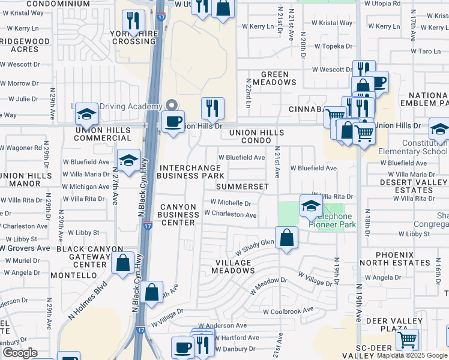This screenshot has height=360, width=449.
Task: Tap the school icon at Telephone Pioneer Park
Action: pos(310,206)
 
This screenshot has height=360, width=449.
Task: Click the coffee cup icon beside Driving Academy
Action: pos(174,121)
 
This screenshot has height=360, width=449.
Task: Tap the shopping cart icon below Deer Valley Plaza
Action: pos(408,340)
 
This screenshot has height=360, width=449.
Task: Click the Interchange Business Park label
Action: pos(191,171)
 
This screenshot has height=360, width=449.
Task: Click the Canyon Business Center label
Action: pos(178,215)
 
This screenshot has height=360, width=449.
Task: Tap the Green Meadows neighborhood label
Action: pos(267,78)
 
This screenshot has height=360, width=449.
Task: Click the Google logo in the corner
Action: pos(20,353)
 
